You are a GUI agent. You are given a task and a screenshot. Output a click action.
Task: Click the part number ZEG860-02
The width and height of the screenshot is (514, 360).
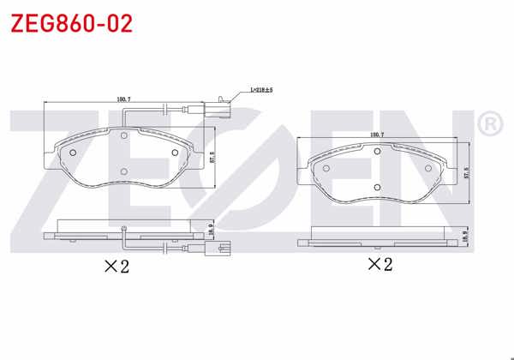pyautogui.click(x=71, y=23)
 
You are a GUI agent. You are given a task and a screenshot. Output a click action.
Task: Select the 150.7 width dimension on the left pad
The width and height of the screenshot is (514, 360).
pyautogui.click(x=123, y=99)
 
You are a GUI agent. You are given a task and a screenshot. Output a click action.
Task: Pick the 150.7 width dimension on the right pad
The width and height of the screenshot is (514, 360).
pyautogui.click(x=376, y=135)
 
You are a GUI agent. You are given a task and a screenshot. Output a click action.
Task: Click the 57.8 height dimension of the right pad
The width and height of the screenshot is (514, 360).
pyautogui.click(x=466, y=171)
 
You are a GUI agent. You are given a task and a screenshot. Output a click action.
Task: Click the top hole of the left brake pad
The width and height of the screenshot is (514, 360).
pyautogui.click(x=124, y=135)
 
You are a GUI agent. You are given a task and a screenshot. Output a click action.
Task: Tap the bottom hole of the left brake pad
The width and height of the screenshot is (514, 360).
pyautogui.click(x=124, y=172)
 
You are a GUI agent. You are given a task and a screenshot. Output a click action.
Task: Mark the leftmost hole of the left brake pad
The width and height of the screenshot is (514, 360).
pyautogui.click(x=73, y=153)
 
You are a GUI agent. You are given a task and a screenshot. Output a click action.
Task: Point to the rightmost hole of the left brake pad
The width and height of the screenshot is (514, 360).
pyautogui.click(x=175, y=153)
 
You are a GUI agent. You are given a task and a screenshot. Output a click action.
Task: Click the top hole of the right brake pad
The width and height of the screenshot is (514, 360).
pyautogui.click(x=377, y=149)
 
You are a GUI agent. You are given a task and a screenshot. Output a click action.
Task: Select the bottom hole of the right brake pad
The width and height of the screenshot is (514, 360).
pyautogui.click(x=377, y=188)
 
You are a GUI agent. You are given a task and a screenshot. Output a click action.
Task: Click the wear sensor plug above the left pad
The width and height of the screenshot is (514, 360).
pyautogui.click(x=223, y=101)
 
